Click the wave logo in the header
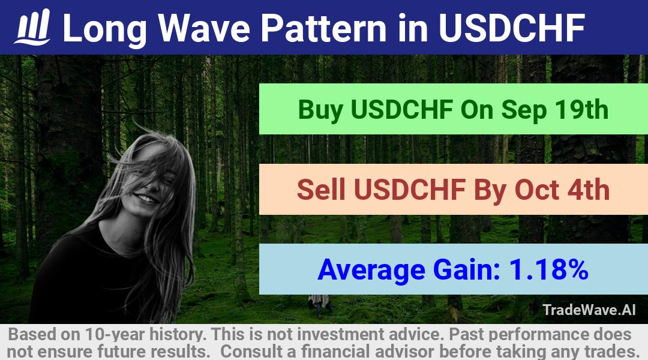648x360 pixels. pyautogui.click(x=32, y=27)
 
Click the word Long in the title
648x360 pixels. pyautogui.click(x=104, y=29)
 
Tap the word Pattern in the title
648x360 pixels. pyautogui.click(x=323, y=28)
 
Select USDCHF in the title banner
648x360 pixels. pyautogui.click(x=512, y=28)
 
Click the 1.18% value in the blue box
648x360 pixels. pyautogui.click(x=548, y=269)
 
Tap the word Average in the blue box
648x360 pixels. pyautogui.click(x=371, y=270)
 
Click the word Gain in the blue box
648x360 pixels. pyautogui.click(x=467, y=269)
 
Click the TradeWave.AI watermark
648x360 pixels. pyautogui.click(x=589, y=310)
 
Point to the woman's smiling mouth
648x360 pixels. pyautogui.click(x=147, y=199)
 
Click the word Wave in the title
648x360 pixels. pyautogui.click(x=204, y=28)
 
